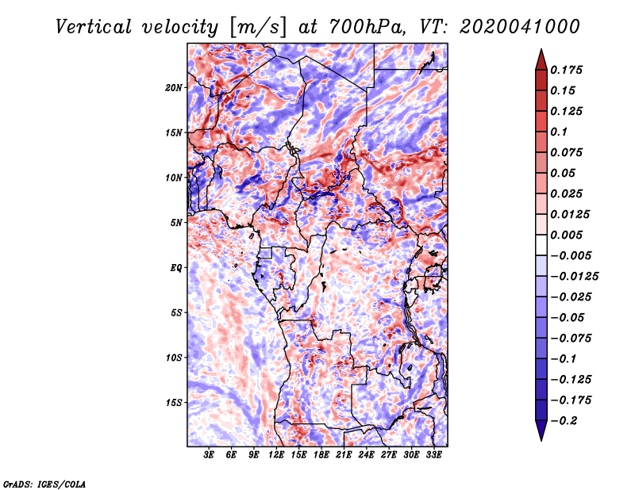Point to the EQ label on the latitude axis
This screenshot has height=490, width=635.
click(176, 267)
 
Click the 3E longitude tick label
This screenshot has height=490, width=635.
click(210, 456)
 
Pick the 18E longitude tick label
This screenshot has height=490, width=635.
click(321, 456)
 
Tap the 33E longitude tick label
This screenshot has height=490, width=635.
click(433, 456)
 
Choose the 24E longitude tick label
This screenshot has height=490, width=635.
click(367, 456)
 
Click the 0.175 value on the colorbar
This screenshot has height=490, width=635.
click(569, 70)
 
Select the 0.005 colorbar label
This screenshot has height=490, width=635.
click(569, 235)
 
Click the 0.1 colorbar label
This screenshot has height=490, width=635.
click(560, 132)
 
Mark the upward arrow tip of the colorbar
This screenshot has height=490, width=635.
click(541, 52)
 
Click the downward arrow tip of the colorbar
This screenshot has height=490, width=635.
click(541, 438)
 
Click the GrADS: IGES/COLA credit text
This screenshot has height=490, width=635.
click(44, 482)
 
